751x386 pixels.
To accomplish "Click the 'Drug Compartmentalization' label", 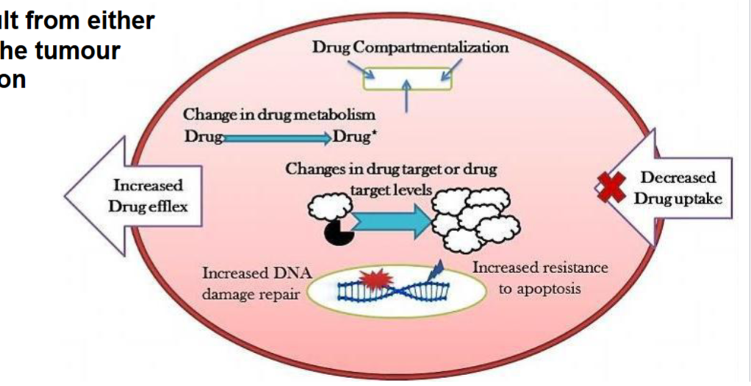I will (410, 48).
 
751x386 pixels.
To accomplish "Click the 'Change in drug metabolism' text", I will (279, 115).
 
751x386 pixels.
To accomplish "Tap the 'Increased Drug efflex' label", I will (148, 196).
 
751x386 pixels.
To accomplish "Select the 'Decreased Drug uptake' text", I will (678, 188).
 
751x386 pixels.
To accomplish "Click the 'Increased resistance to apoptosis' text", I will (540, 278).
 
